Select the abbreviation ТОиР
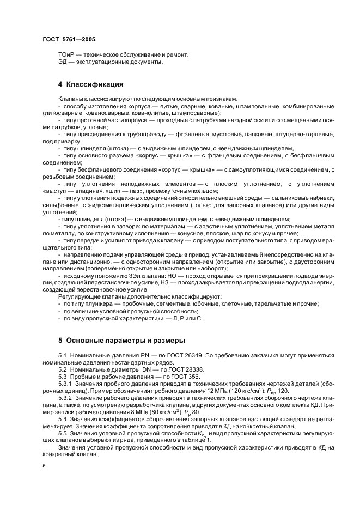[x=66, y=55]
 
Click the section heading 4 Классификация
[x=91, y=84]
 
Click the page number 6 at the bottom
[x=44, y=466]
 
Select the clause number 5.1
[x=63, y=355]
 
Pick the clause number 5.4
[x=63, y=420]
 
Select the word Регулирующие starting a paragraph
[x=77, y=296]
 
